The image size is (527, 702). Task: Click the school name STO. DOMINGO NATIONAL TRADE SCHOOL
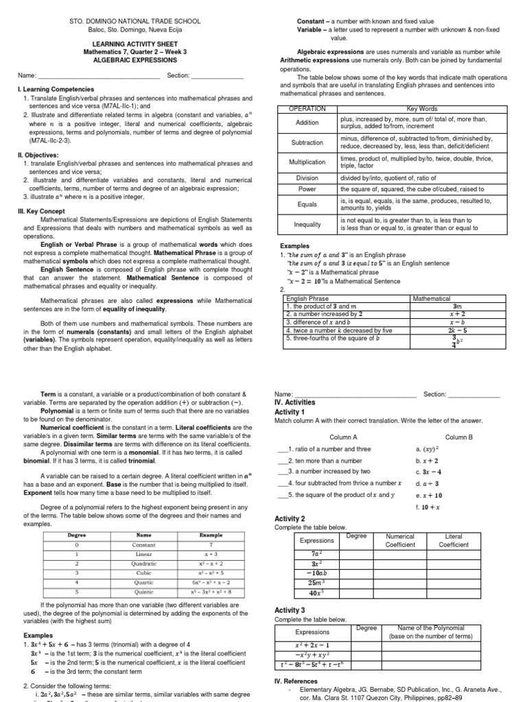[x=135, y=21]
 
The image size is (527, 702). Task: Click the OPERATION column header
[x=308, y=109]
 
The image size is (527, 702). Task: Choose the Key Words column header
[x=421, y=109]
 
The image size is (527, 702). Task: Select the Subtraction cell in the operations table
[x=308, y=143]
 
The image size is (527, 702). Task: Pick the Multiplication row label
[x=308, y=162]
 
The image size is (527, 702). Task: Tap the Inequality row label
[x=308, y=224]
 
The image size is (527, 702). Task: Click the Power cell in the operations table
[x=308, y=189]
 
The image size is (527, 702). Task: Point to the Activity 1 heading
[x=294, y=412]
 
